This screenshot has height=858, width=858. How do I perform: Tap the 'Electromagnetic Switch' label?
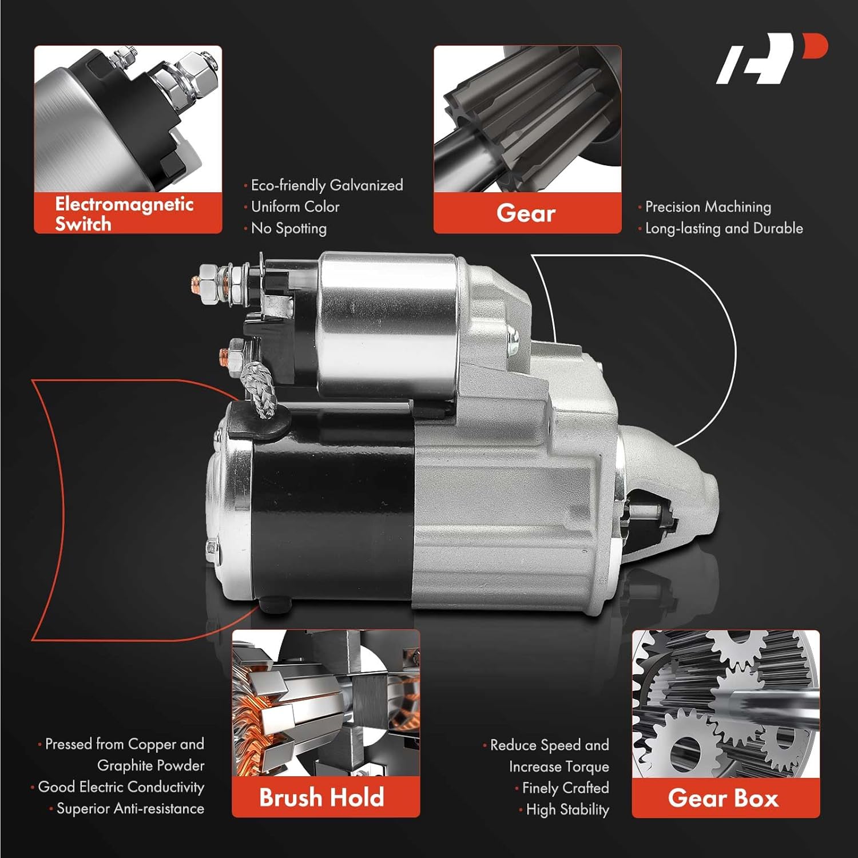click(125, 213)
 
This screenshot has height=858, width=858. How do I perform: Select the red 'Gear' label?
click(526, 213)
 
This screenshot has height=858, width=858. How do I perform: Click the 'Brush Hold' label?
click(321, 797)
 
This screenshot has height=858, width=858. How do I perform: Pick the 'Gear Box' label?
click(724, 798)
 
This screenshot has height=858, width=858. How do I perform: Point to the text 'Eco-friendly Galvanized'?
click(327, 185)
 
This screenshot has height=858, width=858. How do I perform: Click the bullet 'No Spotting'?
click(289, 228)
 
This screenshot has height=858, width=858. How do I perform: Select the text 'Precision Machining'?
click(708, 206)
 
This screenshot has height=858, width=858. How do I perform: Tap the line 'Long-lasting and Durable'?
click(724, 228)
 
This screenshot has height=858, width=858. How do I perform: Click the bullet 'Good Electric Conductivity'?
click(121, 787)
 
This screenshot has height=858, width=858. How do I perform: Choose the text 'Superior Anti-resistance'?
click(130, 809)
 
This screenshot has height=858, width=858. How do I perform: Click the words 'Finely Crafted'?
click(565, 788)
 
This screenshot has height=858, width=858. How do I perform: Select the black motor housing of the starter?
click(332, 515)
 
